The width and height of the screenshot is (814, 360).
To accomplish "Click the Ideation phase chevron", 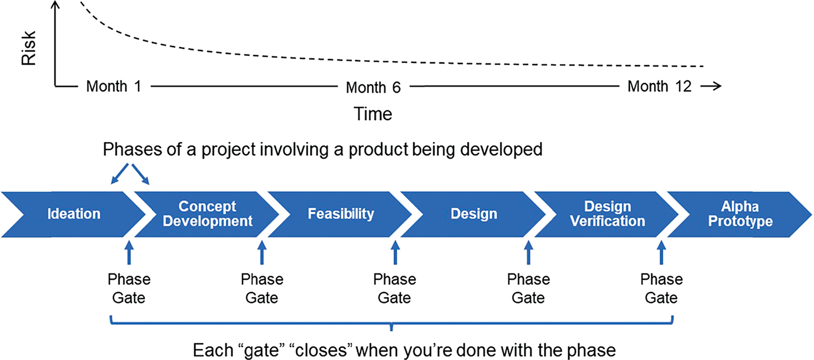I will (x=74, y=213).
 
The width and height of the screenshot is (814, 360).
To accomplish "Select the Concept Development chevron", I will (x=207, y=213).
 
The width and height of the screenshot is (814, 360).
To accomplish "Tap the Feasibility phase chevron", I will (x=340, y=213).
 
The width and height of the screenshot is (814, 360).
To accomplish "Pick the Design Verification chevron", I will (x=607, y=213).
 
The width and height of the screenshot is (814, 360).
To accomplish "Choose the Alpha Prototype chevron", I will (x=740, y=213).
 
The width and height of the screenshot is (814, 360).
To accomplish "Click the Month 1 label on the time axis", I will (x=114, y=86).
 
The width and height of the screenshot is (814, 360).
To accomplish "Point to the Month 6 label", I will (x=373, y=88).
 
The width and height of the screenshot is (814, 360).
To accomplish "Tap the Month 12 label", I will (x=660, y=86).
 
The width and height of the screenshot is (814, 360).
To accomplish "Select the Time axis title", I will (x=373, y=114).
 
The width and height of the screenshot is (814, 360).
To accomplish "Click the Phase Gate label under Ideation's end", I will (x=129, y=288).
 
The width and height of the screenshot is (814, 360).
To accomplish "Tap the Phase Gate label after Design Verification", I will (x=661, y=288).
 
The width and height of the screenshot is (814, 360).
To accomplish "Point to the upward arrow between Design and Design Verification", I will (x=528, y=252).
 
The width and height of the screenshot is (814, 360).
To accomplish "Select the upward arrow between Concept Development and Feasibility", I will (x=262, y=252).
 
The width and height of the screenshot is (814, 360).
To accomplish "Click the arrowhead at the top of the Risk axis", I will (x=55, y=6).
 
